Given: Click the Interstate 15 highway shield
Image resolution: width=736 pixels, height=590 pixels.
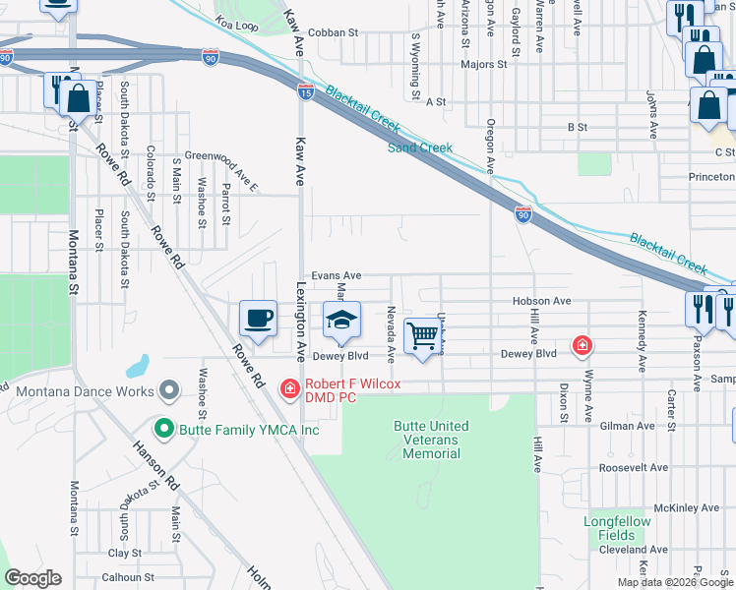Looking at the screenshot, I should [x=306, y=91].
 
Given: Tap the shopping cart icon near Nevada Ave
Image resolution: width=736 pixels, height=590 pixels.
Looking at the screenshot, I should [x=423, y=335].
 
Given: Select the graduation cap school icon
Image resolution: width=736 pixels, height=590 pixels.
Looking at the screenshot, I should [x=341, y=321].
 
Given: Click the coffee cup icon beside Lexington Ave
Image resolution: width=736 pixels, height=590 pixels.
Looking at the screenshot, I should [x=258, y=319].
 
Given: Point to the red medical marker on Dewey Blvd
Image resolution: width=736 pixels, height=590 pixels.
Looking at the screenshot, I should [x=583, y=346].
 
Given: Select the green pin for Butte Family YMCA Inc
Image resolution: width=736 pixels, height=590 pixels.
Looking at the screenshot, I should [x=163, y=429].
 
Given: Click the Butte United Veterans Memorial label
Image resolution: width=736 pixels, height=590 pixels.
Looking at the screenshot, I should [x=431, y=440].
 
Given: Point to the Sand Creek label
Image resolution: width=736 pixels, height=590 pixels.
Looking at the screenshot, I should [x=420, y=148].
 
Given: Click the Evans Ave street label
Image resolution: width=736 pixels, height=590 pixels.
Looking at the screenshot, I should [x=337, y=276].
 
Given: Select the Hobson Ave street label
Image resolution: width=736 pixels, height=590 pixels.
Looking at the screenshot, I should [x=541, y=301].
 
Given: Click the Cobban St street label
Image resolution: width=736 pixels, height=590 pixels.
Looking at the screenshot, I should [x=333, y=32].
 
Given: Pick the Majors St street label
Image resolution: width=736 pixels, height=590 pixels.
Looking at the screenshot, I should [x=483, y=65].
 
